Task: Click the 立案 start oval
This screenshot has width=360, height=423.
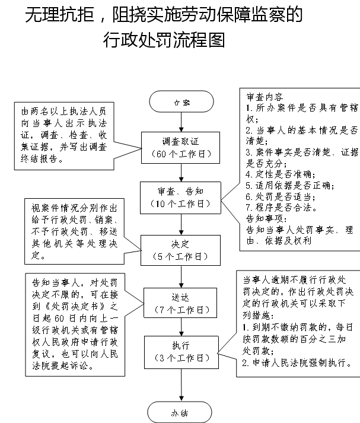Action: [181, 101]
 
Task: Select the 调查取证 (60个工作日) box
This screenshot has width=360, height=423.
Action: [180, 148]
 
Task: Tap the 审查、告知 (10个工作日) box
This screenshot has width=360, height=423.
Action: [180, 198]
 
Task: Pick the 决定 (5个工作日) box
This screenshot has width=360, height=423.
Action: [180, 250]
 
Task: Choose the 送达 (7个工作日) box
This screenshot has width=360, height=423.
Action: [180, 303]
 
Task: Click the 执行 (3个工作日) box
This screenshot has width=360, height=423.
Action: [181, 352]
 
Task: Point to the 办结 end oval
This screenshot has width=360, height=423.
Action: [180, 412]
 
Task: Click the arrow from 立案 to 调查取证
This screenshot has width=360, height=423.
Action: [181, 122]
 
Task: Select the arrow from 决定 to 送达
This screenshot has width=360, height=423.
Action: [181, 276]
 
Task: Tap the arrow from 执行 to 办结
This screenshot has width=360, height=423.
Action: [181, 385]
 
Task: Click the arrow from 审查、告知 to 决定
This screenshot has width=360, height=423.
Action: [181, 224]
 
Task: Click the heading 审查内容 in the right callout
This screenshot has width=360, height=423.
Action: [265, 97]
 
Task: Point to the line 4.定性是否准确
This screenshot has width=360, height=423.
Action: [281, 174]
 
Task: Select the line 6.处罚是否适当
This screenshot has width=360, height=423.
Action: [281, 196]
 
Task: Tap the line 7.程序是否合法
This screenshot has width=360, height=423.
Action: [282, 208]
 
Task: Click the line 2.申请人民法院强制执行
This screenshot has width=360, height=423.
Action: [297, 363]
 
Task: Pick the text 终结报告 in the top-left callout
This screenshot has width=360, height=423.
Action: [39, 159]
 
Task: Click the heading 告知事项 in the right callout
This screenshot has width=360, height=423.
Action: [266, 218]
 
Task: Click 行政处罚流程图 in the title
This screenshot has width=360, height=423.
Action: [164, 40]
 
